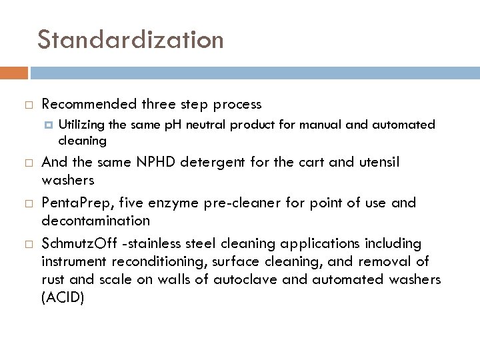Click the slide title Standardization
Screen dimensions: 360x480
(131, 40)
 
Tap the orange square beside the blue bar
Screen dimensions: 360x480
(14, 72)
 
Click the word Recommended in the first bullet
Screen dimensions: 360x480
(89, 104)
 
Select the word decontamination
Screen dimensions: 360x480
(95, 221)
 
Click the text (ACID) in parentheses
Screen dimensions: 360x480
(63, 299)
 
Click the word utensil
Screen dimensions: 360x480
(379, 163)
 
